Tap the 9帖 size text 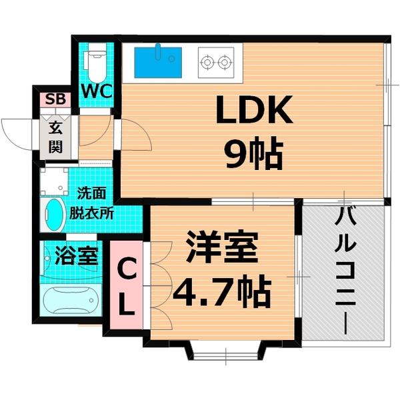253,155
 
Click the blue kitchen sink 158,61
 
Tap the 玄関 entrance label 56,134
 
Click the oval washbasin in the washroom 52,215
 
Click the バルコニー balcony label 346,267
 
